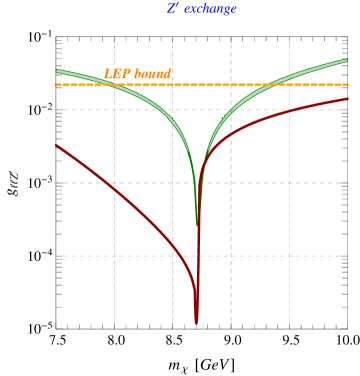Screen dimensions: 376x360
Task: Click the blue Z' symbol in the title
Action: (173, 9)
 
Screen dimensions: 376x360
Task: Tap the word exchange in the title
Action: (210, 9)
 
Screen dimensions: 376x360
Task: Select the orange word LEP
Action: (117, 74)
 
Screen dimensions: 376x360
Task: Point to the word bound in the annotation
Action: (153, 74)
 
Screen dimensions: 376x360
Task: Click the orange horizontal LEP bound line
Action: (250, 85)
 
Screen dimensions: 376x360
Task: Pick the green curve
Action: (150, 111)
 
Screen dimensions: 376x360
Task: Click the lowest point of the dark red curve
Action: (196, 322)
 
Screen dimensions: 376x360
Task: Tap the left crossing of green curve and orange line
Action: (108, 85)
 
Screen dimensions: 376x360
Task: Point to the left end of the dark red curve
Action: (57, 146)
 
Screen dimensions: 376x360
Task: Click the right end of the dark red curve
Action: (348, 98)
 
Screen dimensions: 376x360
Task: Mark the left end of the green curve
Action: (57, 70)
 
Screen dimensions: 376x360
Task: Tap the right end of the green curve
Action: (348, 61)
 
